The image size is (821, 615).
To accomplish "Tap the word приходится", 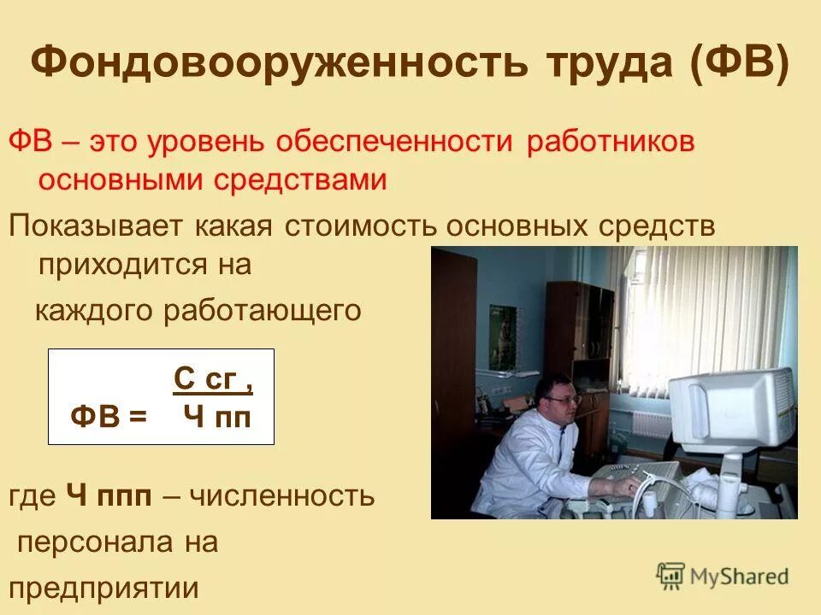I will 117,264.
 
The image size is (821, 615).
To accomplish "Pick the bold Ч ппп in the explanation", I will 120,495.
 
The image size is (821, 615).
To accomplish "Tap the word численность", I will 281,495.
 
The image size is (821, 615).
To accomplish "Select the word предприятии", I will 103,589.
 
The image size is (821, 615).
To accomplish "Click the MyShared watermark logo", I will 723,576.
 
